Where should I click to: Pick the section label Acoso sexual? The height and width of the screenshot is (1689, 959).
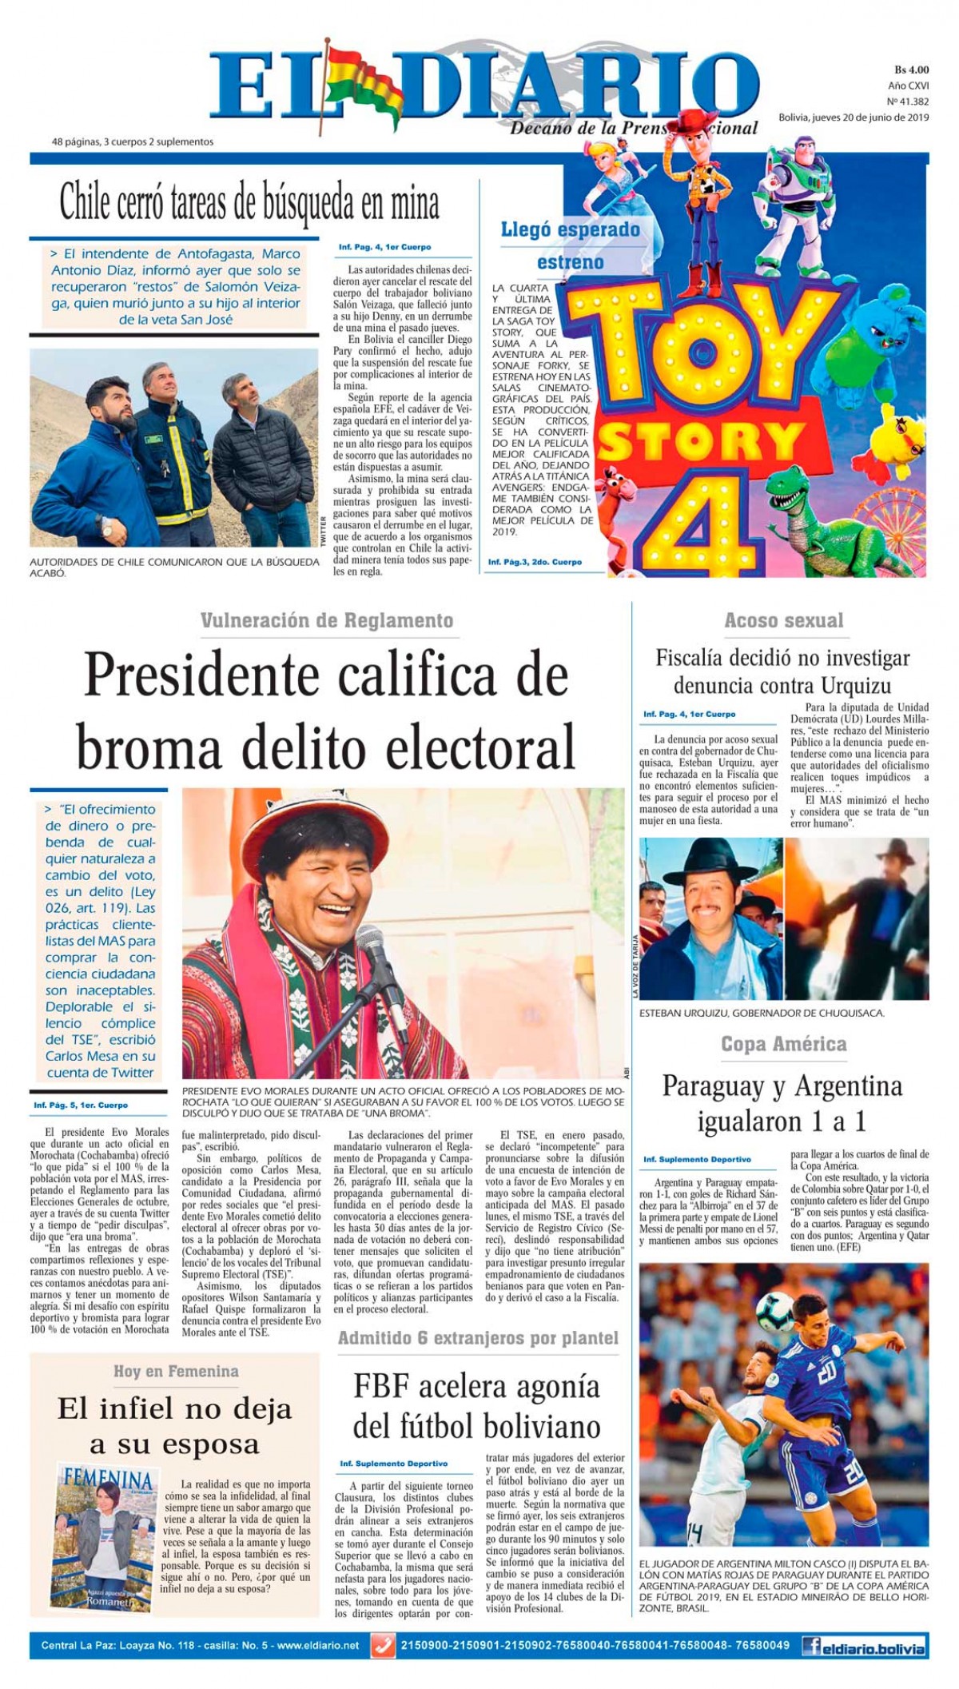click(x=783, y=620)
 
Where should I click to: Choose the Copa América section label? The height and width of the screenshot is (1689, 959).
click(x=783, y=1044)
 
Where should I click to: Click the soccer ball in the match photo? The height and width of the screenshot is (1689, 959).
click(x=775, y=1313)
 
